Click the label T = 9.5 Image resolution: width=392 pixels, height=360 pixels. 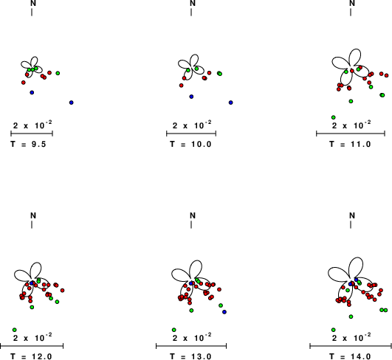tap(28, 144)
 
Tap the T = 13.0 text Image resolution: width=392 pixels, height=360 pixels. tap(190, 356)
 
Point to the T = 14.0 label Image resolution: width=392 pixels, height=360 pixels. tap(350, 356)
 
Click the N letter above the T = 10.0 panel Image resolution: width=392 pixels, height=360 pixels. tap(193, 3)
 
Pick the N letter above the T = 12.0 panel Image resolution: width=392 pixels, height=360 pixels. tap(33, 215)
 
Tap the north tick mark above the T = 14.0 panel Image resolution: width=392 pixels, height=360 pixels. tap(351, 224)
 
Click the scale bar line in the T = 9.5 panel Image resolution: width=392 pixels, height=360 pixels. tap(32, 134)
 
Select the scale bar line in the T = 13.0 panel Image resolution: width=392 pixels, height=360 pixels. tap(191, 346)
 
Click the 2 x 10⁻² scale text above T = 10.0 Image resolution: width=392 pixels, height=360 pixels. tap(192, 125)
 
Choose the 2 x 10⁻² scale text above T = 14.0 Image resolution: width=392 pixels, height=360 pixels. tap(351, 337)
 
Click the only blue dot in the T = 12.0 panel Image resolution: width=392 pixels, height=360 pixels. tap(32, 283)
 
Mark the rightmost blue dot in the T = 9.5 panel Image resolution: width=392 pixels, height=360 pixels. tap(72, 103)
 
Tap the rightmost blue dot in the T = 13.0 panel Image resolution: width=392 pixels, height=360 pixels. tap(224, 312)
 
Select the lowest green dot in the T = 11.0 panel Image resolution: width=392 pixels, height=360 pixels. tap(333, 117)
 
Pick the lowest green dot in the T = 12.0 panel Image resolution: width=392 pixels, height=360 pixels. tap(15, 330)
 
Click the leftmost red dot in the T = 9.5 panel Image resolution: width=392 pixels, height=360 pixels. tap(23, 83)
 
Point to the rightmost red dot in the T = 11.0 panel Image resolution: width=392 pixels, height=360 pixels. tap(387, 75)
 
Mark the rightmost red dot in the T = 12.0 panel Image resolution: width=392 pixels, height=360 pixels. tap(62, 291)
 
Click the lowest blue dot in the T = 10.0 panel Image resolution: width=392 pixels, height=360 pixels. tap(231, 103)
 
